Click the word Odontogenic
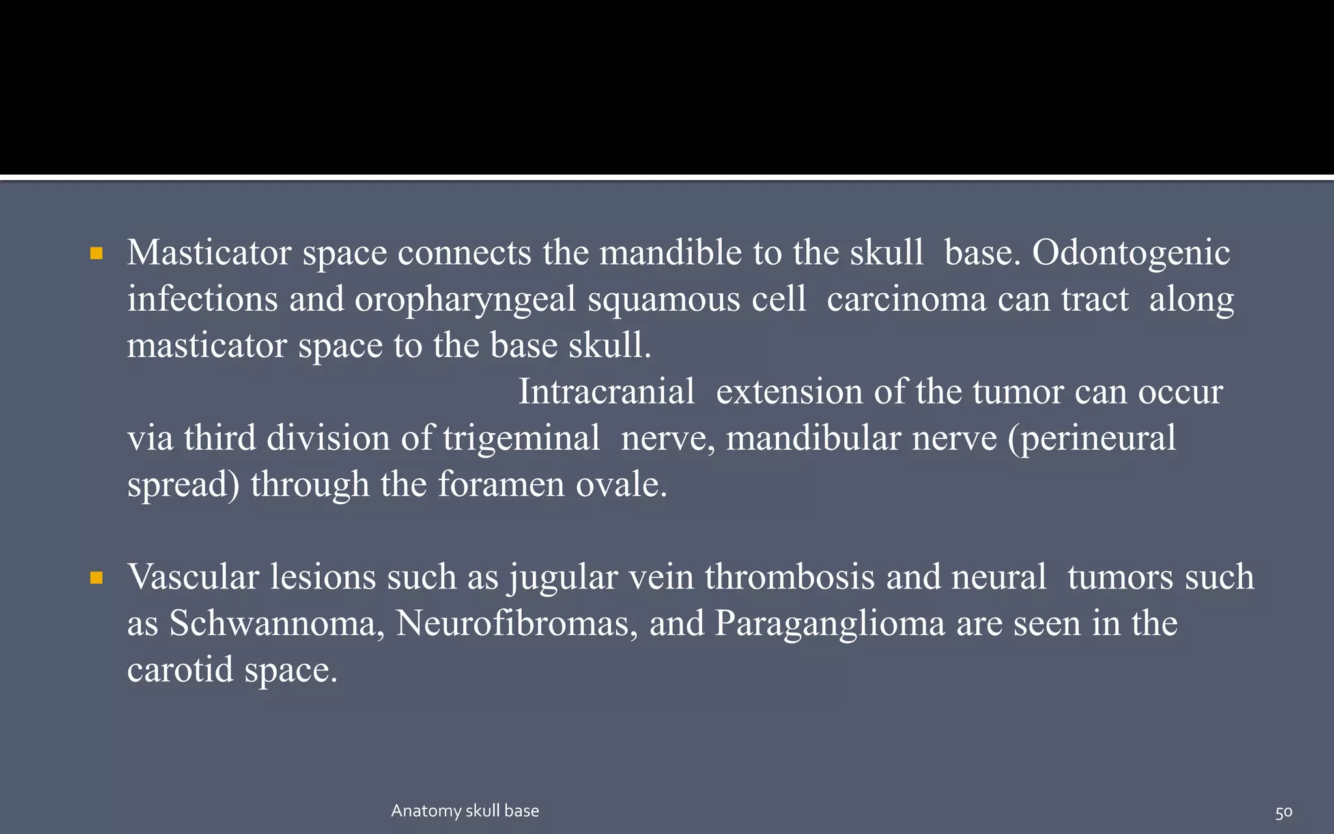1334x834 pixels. [x=1131, y=253]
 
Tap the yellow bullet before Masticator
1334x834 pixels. [x=97, y=253]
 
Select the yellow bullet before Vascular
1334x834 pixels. [x=97, y=578]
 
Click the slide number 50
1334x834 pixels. [x=1283, y=812]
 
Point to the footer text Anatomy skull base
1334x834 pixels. [x=465, y=811]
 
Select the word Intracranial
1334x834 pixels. [x=606, y=392]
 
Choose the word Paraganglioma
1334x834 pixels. [x=830, y=624]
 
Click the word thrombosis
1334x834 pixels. [x=789, y=577]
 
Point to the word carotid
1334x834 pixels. [x=180, y=670]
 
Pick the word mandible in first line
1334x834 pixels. [x=670, y=253]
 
